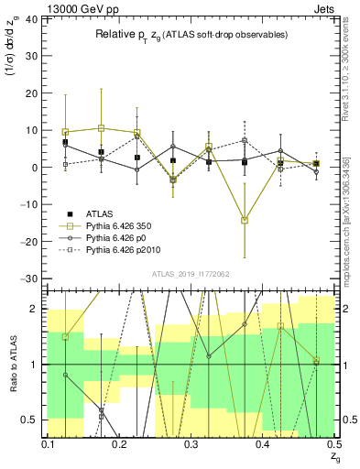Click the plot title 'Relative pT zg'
(x=191, y=34)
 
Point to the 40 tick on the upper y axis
(x=34, y=19)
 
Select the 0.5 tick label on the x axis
(x=333, y=443)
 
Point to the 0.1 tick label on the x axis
(x=49, y=443)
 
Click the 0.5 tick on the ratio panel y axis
(x=34, y=420)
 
